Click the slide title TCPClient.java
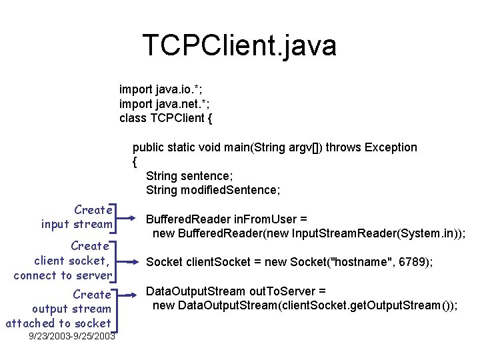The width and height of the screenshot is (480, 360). (x=239, y=45)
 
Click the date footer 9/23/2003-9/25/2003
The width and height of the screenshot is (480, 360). (x=72, y=336)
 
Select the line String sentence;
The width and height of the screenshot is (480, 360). (x=189, y=176)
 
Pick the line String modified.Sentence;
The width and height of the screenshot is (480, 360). (x=213, y=190)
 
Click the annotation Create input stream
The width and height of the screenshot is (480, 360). (x=77, y=217)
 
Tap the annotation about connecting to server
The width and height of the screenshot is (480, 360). (x=63, y=261)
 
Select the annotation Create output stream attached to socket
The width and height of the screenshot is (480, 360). (x=59, y=309)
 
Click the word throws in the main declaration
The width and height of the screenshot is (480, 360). (x=343, y=147)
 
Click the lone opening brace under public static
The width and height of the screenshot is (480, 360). (x=135, y=161)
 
